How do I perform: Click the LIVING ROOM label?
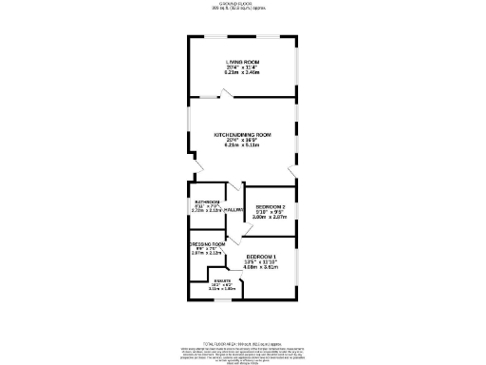242,62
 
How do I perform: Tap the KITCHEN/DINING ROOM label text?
243,135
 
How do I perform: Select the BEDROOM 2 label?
270,206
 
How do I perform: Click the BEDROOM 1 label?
261,258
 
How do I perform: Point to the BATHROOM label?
208,202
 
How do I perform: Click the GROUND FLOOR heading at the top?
242,4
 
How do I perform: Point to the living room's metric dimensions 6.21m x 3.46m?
242,72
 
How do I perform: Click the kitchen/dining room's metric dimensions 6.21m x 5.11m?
243,145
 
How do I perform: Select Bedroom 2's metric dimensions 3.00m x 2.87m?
270,217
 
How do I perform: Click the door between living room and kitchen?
223,93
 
